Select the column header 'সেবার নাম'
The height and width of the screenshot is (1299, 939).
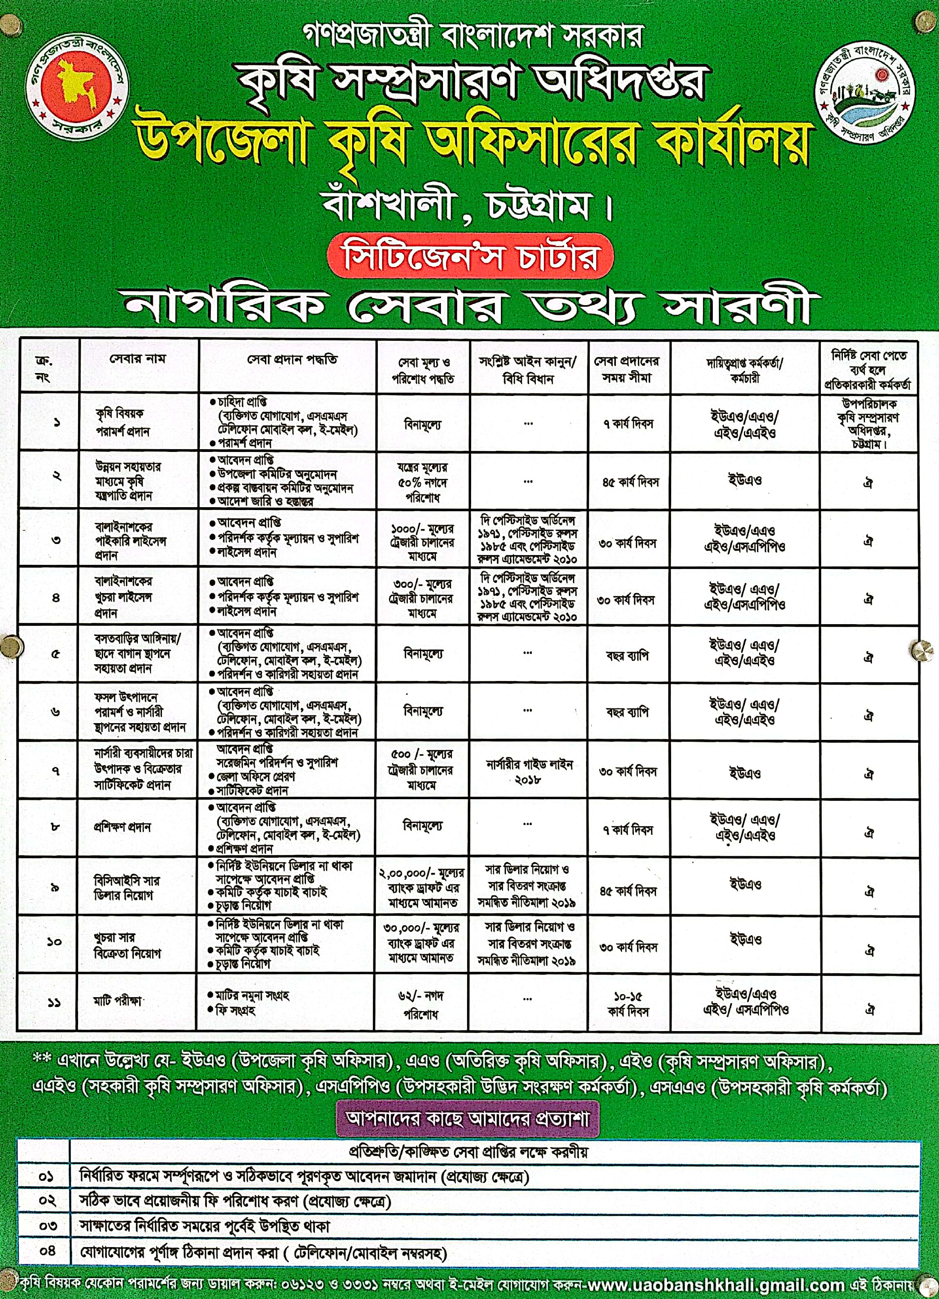(x=137, y=360)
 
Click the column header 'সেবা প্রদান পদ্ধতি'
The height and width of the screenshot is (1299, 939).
(x=292, y=360)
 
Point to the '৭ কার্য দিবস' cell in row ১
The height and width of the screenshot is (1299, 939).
(x=628, y=424)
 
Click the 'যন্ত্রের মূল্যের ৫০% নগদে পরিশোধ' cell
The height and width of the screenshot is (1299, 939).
(x=422, y=482)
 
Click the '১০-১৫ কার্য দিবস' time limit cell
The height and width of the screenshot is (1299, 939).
(x=628, y=1003)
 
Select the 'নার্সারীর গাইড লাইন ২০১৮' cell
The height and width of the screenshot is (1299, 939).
(x=528, y=771)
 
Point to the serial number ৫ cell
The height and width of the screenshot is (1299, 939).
(x=56, y=654)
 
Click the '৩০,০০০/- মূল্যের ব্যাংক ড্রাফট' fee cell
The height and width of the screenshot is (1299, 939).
(x=421, y=942)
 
